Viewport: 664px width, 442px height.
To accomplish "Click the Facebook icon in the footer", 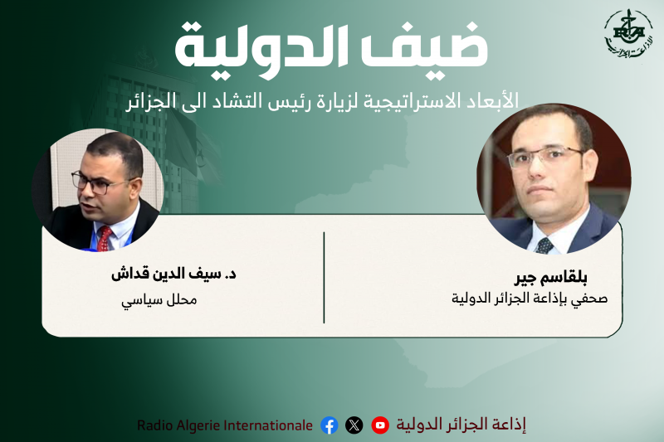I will click(330, 425).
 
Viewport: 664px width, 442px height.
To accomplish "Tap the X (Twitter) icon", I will click(354, 425).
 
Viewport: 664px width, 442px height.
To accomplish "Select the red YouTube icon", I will click(380, 425).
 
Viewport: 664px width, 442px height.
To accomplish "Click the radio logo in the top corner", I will click(627, 35).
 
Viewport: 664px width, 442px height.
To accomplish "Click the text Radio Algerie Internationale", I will click(225, 425).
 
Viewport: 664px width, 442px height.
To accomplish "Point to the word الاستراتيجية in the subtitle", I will click(423, 101).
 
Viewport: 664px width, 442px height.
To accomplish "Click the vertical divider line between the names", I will click(324, 277).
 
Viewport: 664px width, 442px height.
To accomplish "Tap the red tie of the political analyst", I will click(105, 238).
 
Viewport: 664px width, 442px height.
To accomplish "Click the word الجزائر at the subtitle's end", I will click(157, 101).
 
